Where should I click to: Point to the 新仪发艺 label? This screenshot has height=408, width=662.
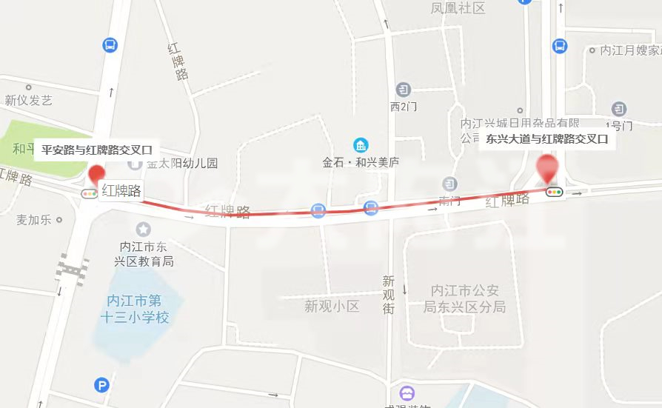point(28,100)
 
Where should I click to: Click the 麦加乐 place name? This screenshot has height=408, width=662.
point(34,219)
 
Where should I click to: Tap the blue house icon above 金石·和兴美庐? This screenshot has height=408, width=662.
point(361,144)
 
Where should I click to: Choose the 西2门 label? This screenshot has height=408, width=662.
point(404,107)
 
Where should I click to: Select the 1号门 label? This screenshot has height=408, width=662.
point(618,126)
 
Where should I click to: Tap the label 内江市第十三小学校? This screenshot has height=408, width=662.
point(134,309)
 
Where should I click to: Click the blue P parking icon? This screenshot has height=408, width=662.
point(101,384)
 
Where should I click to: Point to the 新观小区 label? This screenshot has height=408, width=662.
point(332,306)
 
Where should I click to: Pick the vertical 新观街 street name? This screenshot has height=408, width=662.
point(389,294)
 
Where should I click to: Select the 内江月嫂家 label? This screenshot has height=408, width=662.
point(630,50)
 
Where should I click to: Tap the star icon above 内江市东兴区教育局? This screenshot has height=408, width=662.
point(143,230)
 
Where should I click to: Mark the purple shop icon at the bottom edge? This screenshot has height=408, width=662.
point(407,392)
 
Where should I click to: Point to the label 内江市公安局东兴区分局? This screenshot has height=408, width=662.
point(468,298)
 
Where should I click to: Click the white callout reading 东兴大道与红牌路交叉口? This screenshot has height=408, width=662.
point(546,138)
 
